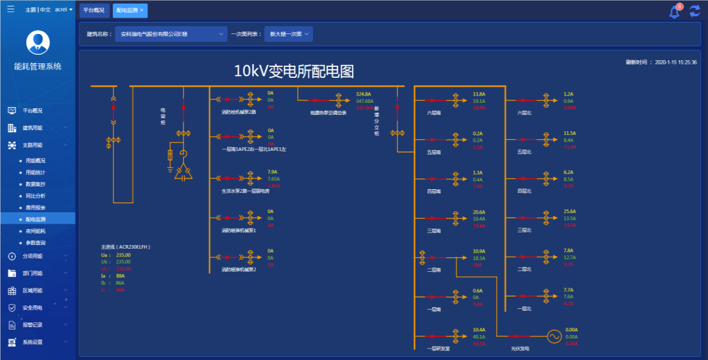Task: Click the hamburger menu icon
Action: pos(11,9)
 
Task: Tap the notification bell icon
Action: pos(674,12)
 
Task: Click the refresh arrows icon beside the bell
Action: pos(695,11)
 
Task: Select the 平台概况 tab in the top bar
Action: pos(93,10)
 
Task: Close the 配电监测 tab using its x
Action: pos(142,10)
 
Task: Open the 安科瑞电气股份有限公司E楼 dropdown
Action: pos(171,35)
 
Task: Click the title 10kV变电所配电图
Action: pos(294,71)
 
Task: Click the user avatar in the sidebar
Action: pos(38,43)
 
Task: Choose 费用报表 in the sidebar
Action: pos(35,207)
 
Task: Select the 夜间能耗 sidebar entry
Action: pos(35,231)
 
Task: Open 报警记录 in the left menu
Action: pos(33,325)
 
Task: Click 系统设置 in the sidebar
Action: pos(33,342)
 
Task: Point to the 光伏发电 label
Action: pos(520,349)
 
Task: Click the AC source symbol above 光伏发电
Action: pos(554,336)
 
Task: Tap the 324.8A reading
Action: pos(363,94)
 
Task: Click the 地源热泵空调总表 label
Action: pos(328,112)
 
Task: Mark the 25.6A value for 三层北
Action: pos(569,212)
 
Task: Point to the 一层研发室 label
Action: pos(439,349)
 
